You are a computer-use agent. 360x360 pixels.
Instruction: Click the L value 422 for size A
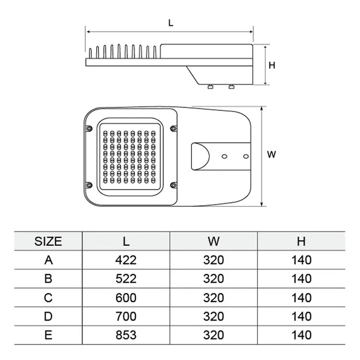click(126, 260)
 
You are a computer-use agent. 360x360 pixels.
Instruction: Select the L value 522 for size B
click(126, 279)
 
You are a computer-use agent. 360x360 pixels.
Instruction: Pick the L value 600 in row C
click(126, 298)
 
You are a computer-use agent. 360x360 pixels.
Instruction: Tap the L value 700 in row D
click(126, 316)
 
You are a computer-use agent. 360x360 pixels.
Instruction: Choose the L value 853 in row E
click(126, 335)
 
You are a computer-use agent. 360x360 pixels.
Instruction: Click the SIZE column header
click(48, 241)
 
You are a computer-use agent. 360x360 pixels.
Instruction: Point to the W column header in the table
click(214, 241)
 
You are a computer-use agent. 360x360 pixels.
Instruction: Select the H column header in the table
click(301, 241)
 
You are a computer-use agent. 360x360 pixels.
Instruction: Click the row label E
click(48, 335)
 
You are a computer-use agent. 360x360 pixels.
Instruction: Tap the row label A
click(48, 260)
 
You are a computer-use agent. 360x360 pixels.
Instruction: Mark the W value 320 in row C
click(214, 298)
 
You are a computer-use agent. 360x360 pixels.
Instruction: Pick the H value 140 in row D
click(301, 316)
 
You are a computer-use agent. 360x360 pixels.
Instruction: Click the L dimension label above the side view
click(170, 23)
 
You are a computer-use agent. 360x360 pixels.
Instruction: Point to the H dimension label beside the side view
click(272, 65)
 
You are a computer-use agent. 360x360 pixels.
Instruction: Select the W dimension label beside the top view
click(272, 155)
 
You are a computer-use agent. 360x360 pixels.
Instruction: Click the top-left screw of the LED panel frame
click(88, 128)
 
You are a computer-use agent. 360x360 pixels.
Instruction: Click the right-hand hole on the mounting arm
click(245, 156)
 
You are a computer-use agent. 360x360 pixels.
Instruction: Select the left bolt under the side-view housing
click(210, 86)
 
